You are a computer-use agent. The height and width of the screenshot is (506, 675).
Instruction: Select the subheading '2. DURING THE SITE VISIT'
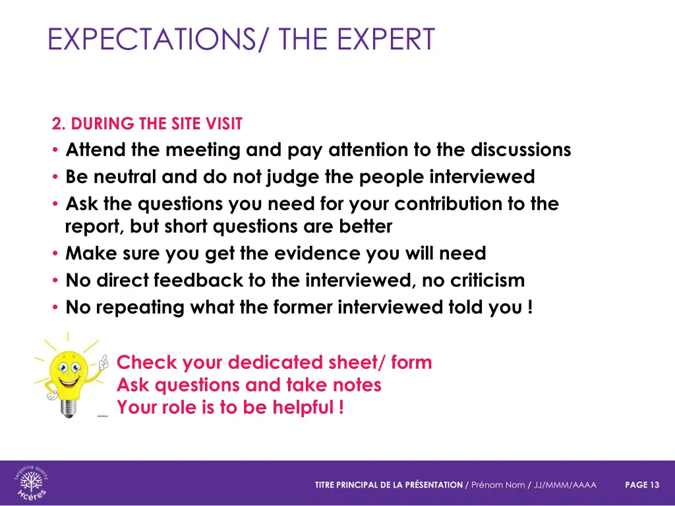click(x=147, y=124)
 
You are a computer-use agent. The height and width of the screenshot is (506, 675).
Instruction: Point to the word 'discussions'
click(x=521, y=150)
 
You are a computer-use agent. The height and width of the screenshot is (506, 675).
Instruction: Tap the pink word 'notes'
click(x=356, y=385)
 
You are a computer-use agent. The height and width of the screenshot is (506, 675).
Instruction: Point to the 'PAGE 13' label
click(x=641, y=485)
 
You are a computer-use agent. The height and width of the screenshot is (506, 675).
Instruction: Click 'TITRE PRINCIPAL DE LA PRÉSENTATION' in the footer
click(x=389, y=485)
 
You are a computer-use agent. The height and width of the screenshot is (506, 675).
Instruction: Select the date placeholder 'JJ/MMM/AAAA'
click(x=566, y=485)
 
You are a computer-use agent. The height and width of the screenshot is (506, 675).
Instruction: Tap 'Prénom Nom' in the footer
click(x=498, y=485)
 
